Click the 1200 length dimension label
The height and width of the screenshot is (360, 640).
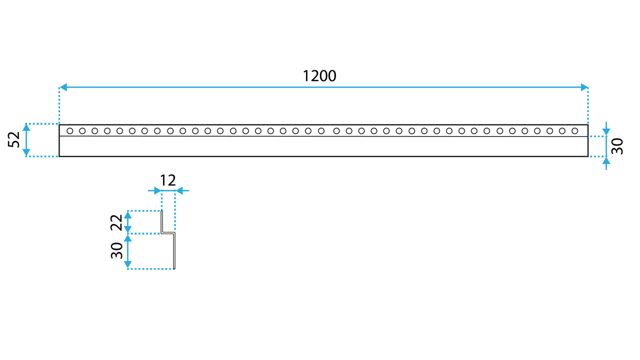coord(319,76)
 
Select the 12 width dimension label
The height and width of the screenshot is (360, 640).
coord(168,180)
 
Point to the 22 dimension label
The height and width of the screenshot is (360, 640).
coord(116,222)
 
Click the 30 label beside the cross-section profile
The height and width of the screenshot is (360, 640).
coord(116,250)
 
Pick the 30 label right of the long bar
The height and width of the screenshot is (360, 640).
coord(617,146)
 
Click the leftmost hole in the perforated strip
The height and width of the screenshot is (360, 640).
coord(70,131)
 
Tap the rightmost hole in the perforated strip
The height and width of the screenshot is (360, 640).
coord(575,131)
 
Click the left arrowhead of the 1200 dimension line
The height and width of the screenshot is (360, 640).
coord(63,87)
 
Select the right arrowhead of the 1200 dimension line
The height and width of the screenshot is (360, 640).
coord(584,87)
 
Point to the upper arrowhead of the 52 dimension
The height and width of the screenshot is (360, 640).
coord(26,127)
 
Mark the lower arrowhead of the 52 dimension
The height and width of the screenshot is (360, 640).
coord(26,153)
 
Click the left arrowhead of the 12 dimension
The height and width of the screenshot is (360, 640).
coord(157,190)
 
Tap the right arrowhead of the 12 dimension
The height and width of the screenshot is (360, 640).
coord(179,190)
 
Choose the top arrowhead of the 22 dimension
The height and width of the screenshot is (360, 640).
coord(128,214)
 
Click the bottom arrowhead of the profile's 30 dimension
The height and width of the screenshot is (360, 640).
coord(128,265)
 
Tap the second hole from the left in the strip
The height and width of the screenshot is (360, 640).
coord(82,131)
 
